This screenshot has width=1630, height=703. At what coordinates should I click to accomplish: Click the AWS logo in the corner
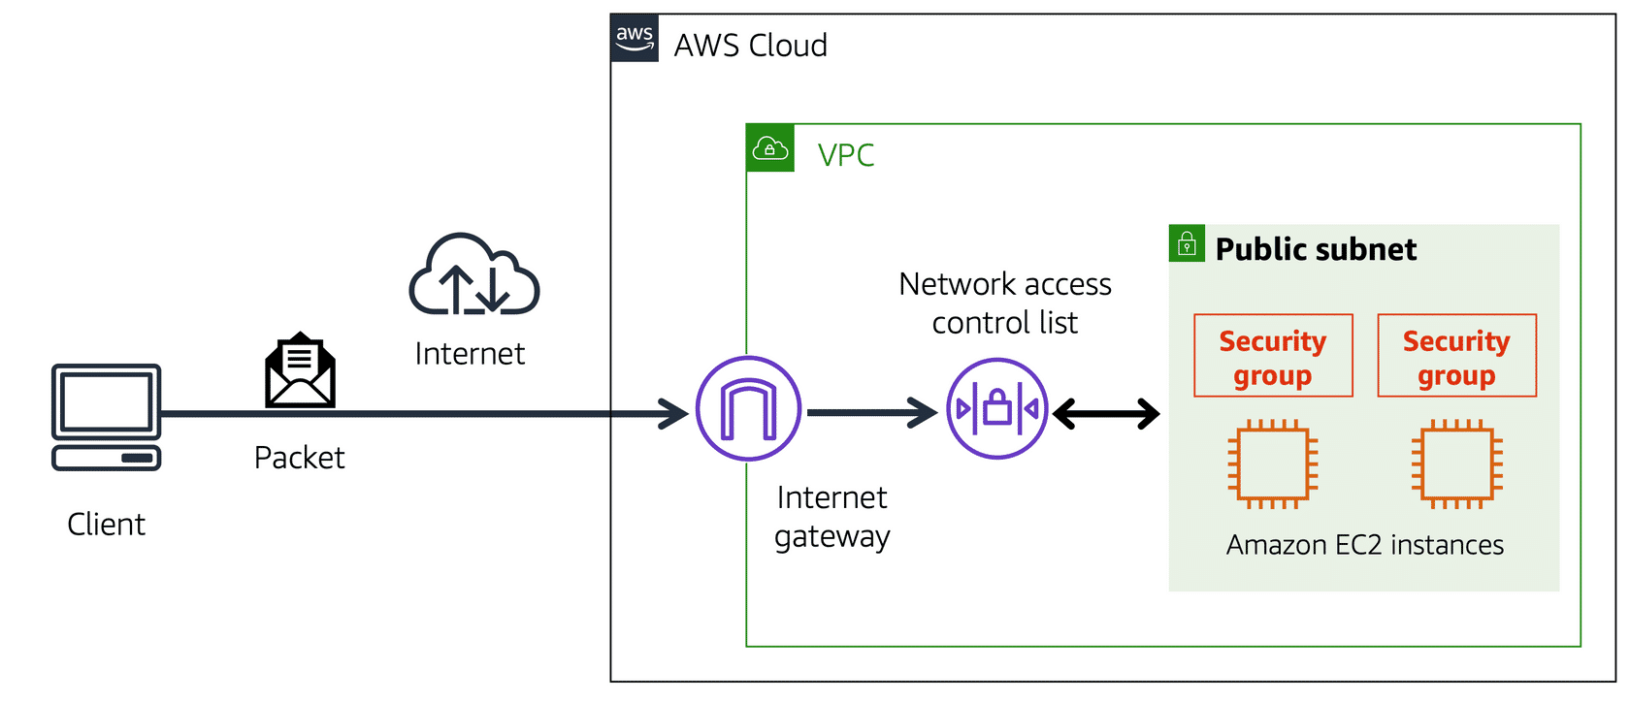click(x=635, y=39)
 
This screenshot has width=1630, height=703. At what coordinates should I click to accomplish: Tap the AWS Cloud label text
click(x=750, y=46)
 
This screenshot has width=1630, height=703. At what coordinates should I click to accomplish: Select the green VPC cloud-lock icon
click(x=770, y=148)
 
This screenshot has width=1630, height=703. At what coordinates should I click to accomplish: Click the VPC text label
click(x=845, y=155)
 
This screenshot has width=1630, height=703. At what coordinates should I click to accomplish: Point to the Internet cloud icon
click(x=473, y=275)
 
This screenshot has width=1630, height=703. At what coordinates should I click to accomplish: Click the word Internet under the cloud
click(x=470, y=354)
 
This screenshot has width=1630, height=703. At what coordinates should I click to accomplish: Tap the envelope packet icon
click(x=301, y=371)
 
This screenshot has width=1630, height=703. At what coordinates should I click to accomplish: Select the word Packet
click(x=299, y=458)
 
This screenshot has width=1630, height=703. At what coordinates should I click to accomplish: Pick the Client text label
click(x=106, y=525)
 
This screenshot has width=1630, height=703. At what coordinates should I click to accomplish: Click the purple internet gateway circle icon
click(x=748, y=408)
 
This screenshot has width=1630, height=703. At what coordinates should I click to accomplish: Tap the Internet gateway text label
click(x=831, y=517)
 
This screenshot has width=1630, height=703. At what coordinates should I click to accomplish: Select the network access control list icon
click(x=996, y=408)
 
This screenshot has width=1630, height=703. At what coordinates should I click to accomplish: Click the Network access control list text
click(x=1004, y=304)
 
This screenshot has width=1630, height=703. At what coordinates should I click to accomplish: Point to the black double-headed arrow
click(x=1106, y=414)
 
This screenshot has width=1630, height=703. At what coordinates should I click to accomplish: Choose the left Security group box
click(x=1273, y=356)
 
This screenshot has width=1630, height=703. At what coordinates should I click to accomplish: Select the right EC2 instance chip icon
click(x=1456, y=464)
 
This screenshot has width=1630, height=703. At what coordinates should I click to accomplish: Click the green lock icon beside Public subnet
click(x=1187, y=243)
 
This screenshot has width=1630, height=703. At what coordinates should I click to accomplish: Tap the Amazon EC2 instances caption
click(x=1364, y=545)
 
